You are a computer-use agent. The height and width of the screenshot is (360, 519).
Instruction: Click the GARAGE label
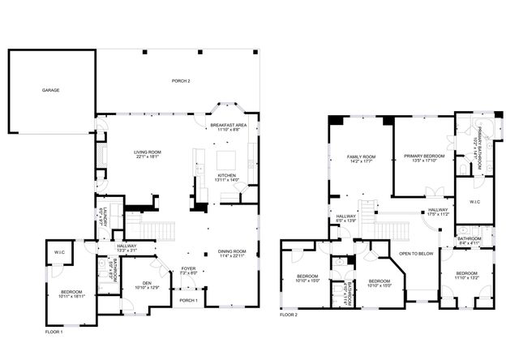tap(50, 91)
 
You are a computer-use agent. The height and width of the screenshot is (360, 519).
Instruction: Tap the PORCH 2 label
tap(180, 80)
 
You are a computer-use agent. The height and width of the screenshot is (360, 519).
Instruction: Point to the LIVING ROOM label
tap(148, 152)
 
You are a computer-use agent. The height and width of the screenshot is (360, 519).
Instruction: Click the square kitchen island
tap(225, 157)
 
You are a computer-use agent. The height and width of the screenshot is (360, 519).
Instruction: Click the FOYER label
tap(188, 268)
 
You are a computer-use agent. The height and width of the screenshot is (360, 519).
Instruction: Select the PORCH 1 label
tap(188, 299)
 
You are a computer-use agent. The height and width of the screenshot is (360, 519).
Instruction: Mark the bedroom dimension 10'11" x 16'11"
tap(73, 297)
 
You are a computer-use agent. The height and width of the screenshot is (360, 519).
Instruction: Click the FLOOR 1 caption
tap(54, 332)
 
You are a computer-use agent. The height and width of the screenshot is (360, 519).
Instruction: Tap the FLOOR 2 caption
tap(289, 314)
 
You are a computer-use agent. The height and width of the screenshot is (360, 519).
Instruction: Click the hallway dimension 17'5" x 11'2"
tap(435, 214)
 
